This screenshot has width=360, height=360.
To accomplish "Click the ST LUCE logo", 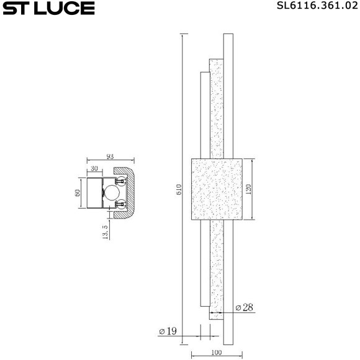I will click(x=48, y=9).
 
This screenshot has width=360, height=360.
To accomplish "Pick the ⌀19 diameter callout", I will click(x=168, y=331).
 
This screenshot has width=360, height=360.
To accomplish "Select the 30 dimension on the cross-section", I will click(x=94, y=168).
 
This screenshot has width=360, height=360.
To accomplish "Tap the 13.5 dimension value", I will click(x=105, y=232).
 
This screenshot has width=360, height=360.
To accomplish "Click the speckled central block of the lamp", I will click(x=215, y=189).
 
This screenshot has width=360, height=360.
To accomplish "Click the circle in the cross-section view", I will click(x=111, y=192).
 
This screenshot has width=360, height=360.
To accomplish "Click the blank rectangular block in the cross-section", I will click(x=94, y=192).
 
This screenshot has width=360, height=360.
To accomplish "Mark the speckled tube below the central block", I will click(x=215, y=267).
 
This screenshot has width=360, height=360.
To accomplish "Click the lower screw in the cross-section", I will click(x=121, y=204).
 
